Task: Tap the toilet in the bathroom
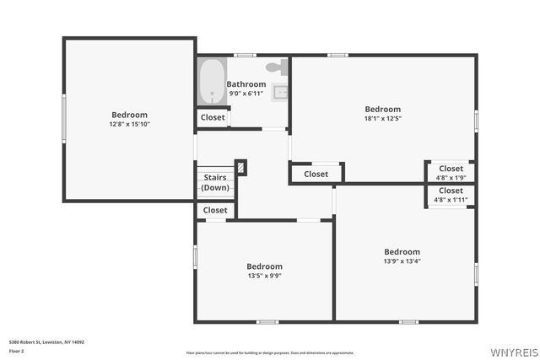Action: pos(276,67)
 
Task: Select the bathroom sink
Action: pos(281,91)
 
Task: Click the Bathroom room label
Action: pos(246,84)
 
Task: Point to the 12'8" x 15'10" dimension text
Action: pos(129,124)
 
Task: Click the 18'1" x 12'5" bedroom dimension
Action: pos(382,118)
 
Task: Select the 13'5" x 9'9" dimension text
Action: pos(264,276)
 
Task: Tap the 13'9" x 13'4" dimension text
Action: pos(402,261)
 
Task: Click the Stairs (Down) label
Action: pos(215,183)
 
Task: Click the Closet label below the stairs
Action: pos(215,210)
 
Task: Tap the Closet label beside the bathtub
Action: pos(213,118)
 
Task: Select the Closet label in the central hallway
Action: pos(316,174)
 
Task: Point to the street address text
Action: pos(46,342)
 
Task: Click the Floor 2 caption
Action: pos(17,350)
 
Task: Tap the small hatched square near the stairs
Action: pos(241,168)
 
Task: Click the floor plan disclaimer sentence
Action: pos(269,352)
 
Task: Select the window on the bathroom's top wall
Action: pos(245,56)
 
